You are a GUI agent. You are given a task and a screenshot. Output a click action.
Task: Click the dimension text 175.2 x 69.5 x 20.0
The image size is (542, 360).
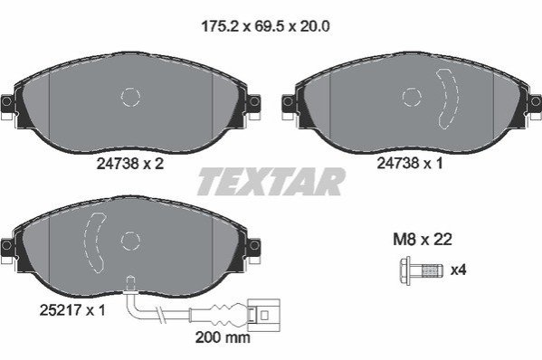point(265,26)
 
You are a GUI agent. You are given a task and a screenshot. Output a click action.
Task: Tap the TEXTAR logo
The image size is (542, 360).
point(271,182)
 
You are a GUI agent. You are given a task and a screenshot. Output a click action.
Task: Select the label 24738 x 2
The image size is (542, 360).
point(130,164)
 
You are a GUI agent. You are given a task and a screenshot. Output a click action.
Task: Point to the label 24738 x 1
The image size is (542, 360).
point(410,163)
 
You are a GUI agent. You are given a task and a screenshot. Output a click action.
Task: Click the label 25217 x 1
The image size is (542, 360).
point(72,310)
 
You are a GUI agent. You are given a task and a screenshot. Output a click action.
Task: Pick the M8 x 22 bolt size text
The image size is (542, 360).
point(423,239)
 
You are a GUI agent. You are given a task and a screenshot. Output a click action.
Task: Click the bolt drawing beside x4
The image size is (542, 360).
point(422,270)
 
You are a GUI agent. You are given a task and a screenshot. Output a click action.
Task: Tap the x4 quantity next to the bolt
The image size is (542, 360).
point(459,270)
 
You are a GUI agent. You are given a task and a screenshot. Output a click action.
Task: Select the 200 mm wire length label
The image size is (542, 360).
point(223,337)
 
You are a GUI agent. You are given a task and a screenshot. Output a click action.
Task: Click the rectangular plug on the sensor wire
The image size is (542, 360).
point(265,315)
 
